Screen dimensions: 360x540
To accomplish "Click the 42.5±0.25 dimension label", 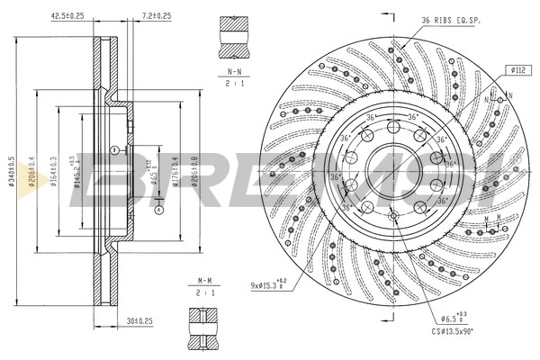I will tap(91, 16).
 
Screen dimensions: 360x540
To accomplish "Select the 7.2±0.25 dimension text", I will tap(156, 16).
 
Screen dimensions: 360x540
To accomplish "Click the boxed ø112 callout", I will tap(517, 69).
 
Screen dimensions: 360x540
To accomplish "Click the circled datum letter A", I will tap(157, 211).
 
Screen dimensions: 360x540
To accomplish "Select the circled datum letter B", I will tap(114, 148).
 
